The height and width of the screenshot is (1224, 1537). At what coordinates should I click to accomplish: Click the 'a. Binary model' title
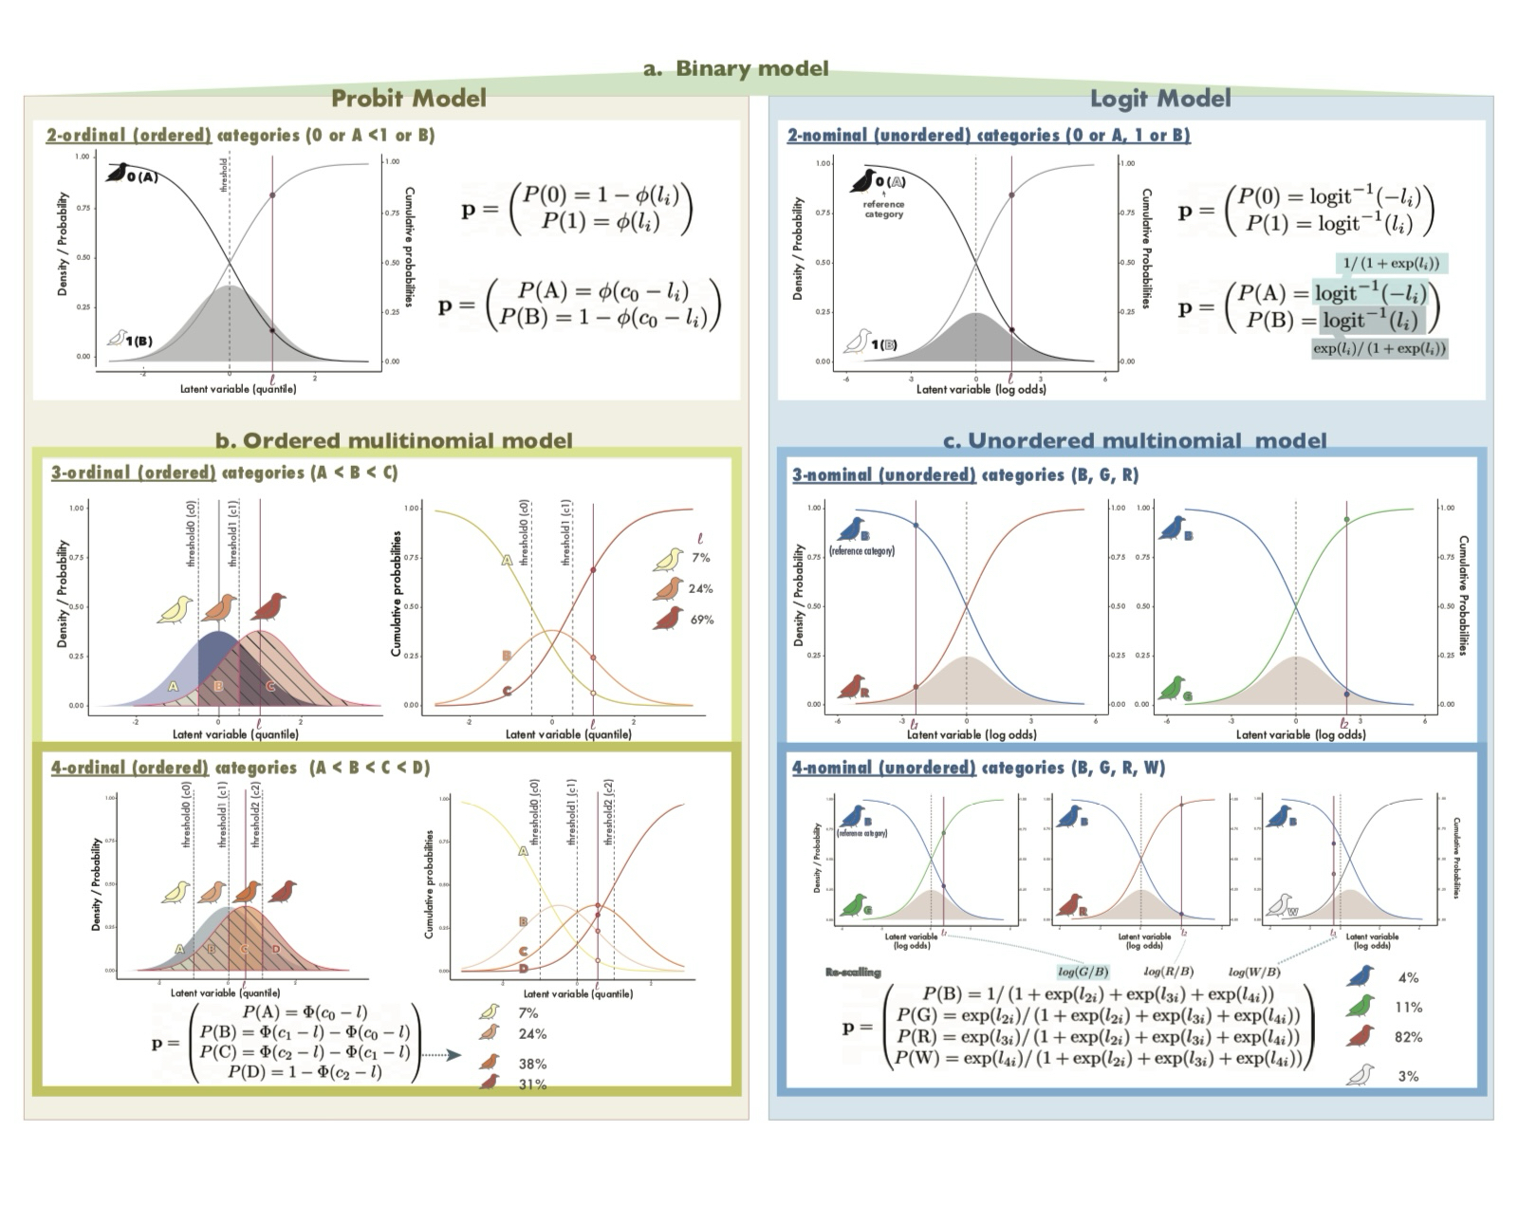[735, 68]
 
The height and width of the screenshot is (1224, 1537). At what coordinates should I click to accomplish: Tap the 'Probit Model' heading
[408, 98]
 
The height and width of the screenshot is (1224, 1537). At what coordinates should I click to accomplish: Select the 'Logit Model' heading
[1159, 98]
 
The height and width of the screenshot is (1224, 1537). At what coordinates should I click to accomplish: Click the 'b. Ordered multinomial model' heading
[394, 440]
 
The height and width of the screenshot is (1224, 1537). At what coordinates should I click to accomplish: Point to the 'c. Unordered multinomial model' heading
[1135, 440]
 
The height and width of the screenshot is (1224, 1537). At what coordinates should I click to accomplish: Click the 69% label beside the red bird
[701, 620]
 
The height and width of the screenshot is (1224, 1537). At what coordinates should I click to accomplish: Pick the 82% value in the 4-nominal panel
[1408, 1037]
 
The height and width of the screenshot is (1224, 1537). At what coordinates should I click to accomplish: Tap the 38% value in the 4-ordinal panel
[532, 1064]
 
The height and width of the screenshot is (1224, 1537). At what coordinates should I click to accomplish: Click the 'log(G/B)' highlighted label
[1083, 972]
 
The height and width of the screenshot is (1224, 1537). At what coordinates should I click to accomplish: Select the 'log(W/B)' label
[1253, 972]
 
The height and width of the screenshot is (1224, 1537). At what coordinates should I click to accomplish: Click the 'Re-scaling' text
[853, 972]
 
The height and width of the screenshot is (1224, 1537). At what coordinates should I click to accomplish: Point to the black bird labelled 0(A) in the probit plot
[119, 173]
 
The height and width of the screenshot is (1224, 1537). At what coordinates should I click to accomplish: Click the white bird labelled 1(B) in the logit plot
[859, 341]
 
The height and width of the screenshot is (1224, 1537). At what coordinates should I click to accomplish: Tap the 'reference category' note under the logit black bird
[883, 209]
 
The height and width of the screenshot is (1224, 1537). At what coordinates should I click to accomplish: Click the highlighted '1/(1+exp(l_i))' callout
[1392, 263]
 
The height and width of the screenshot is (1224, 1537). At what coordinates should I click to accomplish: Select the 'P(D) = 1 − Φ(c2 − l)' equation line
[305, 1071]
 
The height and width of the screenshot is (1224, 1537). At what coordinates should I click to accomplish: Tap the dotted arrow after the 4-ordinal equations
[440, 1054]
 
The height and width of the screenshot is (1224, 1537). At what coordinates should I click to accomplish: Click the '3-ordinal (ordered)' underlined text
[133, 473]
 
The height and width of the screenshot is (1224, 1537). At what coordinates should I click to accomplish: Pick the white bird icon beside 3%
[1360, 1075]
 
